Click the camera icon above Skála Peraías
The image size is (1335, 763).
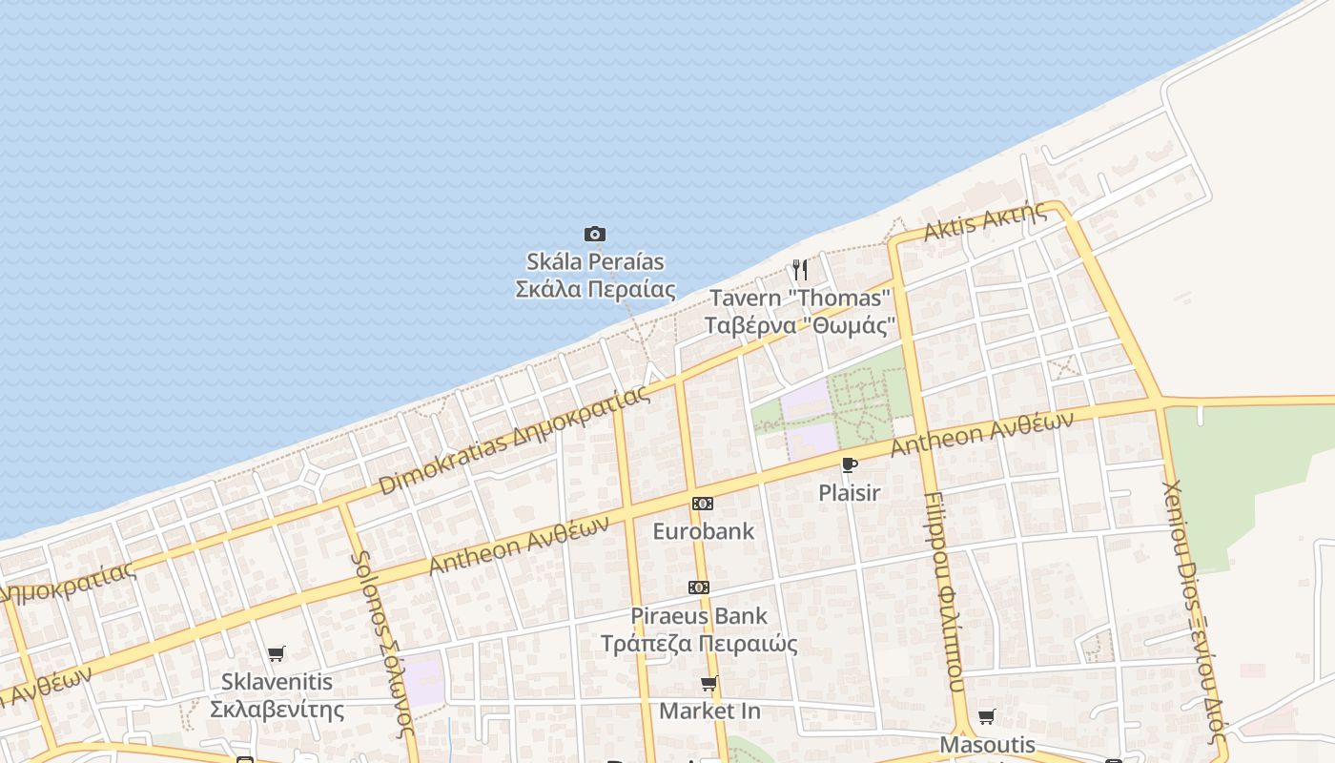[x=595, y=234]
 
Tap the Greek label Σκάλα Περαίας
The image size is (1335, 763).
[x=595, y=289]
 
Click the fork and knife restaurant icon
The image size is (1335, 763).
[x=800, y=270]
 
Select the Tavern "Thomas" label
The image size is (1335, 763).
[x=800, y=299]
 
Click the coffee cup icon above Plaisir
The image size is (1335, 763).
[x=849, y=465]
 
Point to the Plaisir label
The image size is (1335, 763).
[x=849, y=493]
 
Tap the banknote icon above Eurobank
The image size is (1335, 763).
[x=703, y=504]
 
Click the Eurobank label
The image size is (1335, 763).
[x=703, y=531]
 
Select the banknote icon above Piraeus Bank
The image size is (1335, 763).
[x=699, y=588]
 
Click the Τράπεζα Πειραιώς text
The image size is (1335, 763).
[x=699, y=644]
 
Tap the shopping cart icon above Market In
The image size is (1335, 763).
[x=709, y=683]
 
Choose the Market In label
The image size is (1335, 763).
[x=709, y=711]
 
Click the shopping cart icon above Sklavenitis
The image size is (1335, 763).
[x=277, y=653]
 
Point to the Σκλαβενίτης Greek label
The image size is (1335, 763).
[x=277, y=710]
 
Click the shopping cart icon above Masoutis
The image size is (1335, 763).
[x=987, y=716]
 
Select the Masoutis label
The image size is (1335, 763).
[x=987, y=744]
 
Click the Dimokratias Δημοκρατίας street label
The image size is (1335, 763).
[x=515, y=441]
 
